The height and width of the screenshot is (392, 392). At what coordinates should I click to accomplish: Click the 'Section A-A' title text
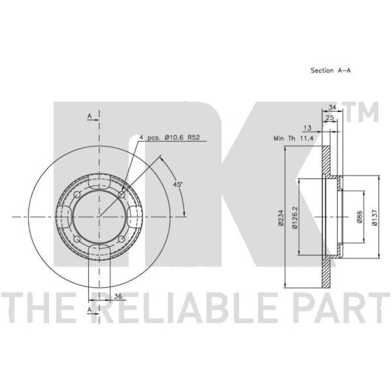(x=330, y=71)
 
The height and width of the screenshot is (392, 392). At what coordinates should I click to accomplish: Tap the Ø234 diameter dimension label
(x=281, y=218)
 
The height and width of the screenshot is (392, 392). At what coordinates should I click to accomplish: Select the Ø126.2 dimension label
(x=295, y=217)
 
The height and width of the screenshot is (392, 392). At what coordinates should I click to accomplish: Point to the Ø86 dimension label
(x=359, y=217)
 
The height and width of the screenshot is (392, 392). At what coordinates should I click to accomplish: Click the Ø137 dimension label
(x=374, y=218)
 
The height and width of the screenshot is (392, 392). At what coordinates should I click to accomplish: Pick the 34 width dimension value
(x=332, y=107)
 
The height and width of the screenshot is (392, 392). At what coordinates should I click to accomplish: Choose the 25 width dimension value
(x=330, y=118)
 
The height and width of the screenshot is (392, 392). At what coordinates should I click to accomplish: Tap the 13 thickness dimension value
(x=308, y=128)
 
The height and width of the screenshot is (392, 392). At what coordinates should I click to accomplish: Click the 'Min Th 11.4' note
(x=294, y=138)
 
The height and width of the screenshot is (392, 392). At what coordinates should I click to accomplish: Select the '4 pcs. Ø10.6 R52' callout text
(x=170, y=137)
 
